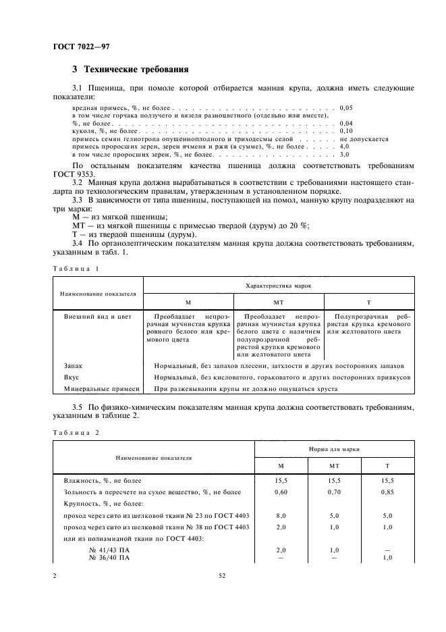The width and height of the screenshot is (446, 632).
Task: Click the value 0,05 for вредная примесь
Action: pyautogui.click(x=346, y=107)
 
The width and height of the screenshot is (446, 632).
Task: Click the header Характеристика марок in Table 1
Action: pyautogui.click(x=278, y=286)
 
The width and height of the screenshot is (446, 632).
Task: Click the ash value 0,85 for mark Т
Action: pyautogui.click(x=387, y=493)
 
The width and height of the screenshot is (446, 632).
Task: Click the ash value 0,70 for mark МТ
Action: pyautogui.click(x=334, y=493)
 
